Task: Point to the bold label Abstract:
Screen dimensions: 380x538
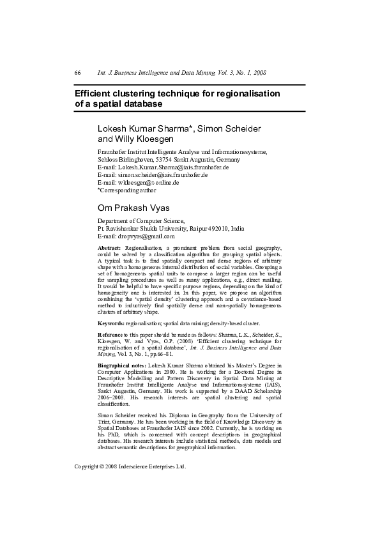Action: point(109,247)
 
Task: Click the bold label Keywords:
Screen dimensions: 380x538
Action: point(110,324)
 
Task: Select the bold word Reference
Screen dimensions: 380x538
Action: point(112,335)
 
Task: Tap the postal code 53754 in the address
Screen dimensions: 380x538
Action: point(159,159)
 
